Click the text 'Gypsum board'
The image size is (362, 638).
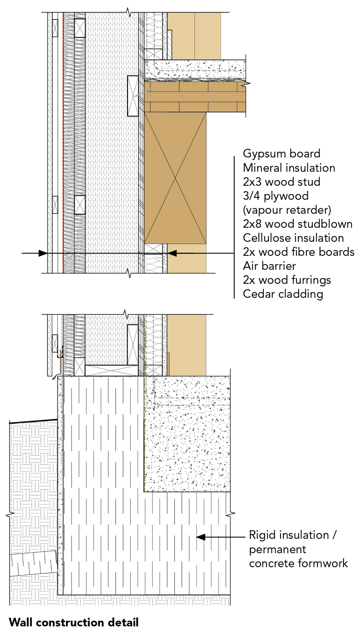pos(281,154)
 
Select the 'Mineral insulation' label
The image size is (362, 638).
pos(289,168)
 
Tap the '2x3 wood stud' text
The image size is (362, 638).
pos(281,182)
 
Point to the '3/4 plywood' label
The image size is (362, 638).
pos(276,196)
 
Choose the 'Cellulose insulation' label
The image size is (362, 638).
pos(293,238)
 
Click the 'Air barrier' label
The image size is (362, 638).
pos(269,266)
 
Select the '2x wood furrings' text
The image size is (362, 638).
pos(287,280)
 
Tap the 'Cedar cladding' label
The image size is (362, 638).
pos(283,294)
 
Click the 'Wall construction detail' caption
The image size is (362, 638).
pos(74,623)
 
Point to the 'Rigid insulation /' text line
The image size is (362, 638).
pos(293,535)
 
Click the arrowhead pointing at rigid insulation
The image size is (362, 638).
pos(201,537)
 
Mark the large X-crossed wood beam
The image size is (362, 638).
pos(175,177)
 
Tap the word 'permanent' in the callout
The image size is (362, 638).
pos(277,549)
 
